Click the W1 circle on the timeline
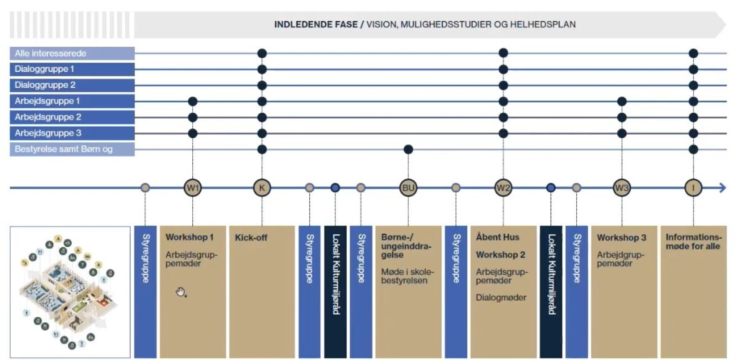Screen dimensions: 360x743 coord(193,188)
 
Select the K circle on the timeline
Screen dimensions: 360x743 coord(262,188)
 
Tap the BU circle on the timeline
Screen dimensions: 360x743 coord(408,188)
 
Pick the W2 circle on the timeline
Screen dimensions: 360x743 coord(503,188)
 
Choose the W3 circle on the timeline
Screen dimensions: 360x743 coord(622,188)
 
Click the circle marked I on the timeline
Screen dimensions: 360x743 coord(693,188)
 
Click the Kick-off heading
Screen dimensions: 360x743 coord(251,238)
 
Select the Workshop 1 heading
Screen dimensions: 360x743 coord(189,237)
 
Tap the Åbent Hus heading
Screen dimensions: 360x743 coord(498,237)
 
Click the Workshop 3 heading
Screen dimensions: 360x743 coord(622,238)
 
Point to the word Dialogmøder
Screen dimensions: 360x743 coord(501,297)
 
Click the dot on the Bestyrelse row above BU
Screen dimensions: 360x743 coord(408,149)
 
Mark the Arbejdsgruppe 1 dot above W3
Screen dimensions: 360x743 coord(622,101)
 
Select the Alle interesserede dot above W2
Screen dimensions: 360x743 coord(503,53)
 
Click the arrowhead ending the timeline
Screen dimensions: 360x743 coord(722,188)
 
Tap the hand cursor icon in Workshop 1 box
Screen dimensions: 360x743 coord(181,292)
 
